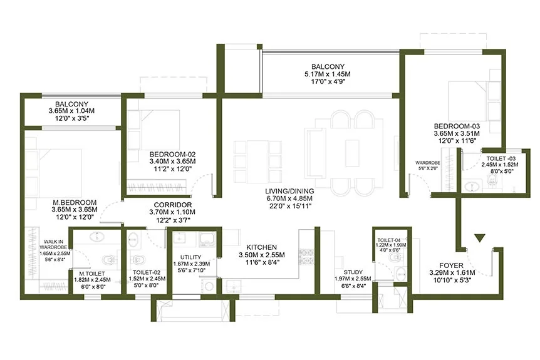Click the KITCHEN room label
point(261,247)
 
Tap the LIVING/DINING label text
point(289,191)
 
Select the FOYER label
point(452,265)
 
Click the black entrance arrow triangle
point(480,238)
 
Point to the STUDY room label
point(353,272)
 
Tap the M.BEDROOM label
point(75,202)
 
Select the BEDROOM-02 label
point(172,154)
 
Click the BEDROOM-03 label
point(457,126)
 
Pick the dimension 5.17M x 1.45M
point(328,74)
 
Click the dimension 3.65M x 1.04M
point(71,111)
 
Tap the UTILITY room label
point(191,257)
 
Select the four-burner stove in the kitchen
point(306,257)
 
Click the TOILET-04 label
point(389,240)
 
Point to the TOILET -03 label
point(501,158)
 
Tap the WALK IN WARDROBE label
point(53,244)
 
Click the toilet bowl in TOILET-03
point(492,179)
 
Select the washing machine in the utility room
point(209,285)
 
